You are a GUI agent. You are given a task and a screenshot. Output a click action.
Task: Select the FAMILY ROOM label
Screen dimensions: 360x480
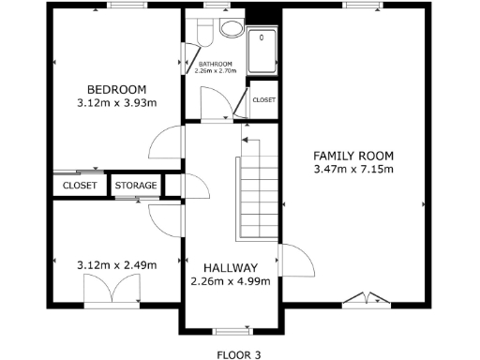click(352, 156)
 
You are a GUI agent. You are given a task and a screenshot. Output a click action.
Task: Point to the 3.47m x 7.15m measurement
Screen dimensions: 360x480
click(352, 170)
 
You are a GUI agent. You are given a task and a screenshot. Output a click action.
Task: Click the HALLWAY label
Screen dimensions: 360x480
click(230, 268)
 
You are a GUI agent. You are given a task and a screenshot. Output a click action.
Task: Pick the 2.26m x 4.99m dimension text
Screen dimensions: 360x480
click(230, 281)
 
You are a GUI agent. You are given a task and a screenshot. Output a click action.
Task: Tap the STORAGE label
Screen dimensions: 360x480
click(136, 186)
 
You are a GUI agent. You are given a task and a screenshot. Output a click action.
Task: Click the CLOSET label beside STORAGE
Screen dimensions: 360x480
click(80, 186)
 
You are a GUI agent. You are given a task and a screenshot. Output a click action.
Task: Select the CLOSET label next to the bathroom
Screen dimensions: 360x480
click(263, 99)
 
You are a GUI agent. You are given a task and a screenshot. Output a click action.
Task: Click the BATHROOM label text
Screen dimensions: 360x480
click(215, 64)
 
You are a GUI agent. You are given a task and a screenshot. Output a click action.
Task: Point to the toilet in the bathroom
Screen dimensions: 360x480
click(229, 27)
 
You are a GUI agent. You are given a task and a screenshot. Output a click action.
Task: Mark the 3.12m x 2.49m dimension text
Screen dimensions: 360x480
click(115, 265)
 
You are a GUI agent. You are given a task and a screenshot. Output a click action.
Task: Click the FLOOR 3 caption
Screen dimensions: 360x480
click(238, 354)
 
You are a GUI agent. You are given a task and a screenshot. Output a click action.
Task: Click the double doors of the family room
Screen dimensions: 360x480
click(363, 300)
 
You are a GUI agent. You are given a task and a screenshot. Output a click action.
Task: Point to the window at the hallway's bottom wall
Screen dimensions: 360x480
click(230, 331)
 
